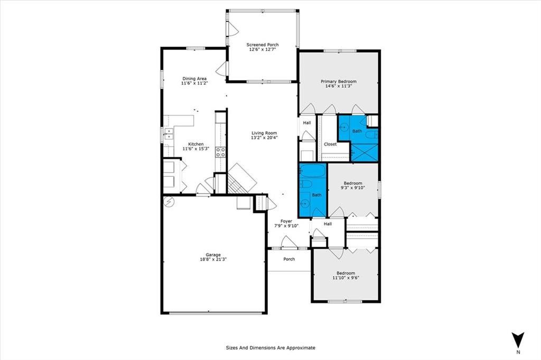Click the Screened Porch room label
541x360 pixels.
coord(263,45)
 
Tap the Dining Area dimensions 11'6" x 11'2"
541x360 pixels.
coord(194,83)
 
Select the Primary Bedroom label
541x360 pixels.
coord(339,82)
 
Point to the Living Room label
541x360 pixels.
coord(264,133)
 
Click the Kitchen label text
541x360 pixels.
coord(195,144)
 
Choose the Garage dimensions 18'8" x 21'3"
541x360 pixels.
coord(213,259)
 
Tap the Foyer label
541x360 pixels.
coord(286,221)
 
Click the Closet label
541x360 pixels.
coord(330,145)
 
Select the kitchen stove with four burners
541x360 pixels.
coord(220,152)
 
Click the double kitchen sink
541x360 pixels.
coord(169,134)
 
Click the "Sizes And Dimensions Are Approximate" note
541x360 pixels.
coord(270,348)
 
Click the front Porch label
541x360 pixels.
coord(289,259)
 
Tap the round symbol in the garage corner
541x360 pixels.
coord(169,202)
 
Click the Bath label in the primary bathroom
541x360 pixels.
coord(357,131)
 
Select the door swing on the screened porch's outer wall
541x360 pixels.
coord(233,29)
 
